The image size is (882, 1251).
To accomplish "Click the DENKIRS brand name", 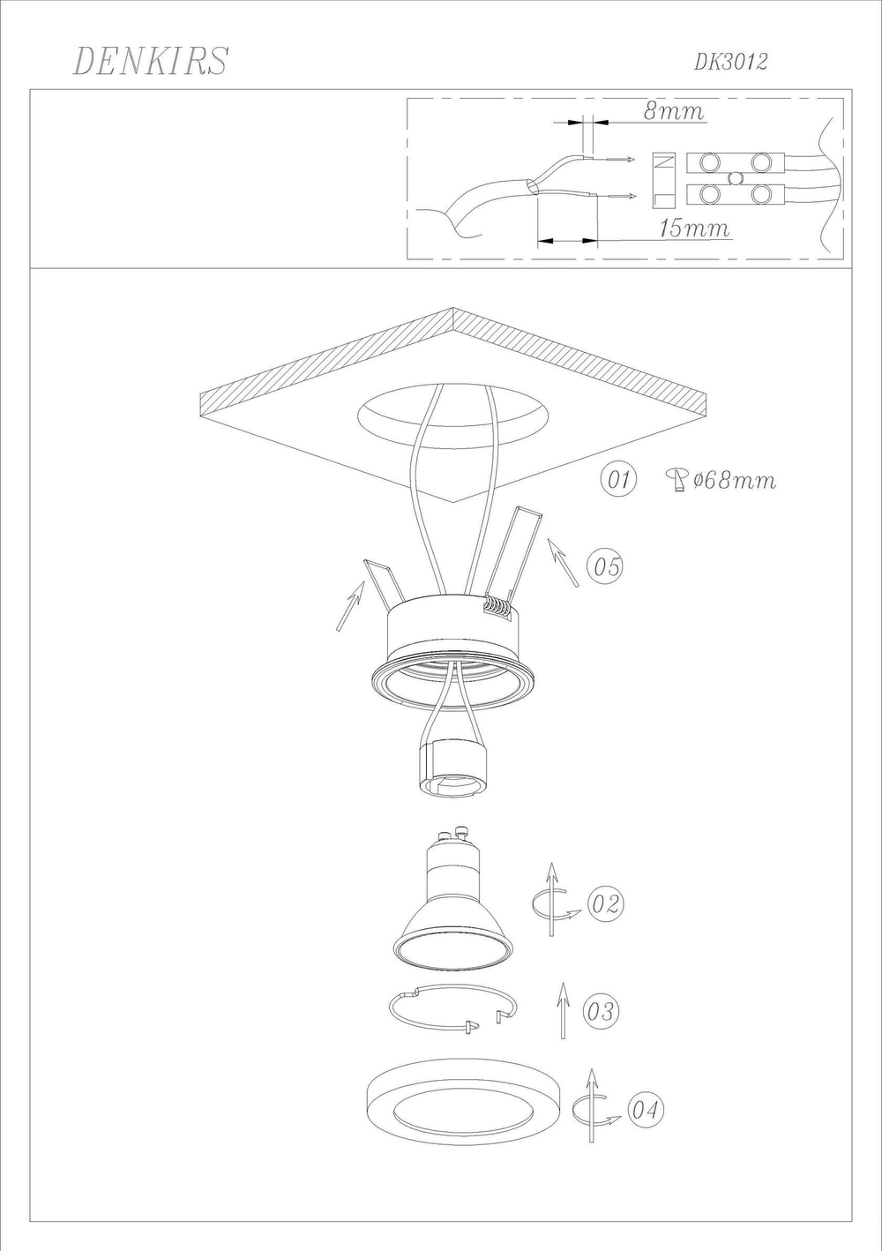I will tap(151, 61).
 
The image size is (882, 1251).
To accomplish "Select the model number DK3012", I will tap(730, 62).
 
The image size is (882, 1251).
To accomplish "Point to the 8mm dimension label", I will tap(675, 111).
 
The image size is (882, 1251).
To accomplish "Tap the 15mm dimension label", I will tap(695, 228).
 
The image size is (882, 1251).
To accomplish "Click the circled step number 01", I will tap(617, 479).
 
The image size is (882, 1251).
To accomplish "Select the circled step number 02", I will tap(605, 903).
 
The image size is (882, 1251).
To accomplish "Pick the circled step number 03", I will tap(601, 1011).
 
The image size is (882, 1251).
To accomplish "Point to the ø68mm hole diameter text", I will tap(735, 480).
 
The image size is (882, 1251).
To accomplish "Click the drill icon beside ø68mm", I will tap(676, 480).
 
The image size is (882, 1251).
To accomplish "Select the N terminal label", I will tap(664, 161).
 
